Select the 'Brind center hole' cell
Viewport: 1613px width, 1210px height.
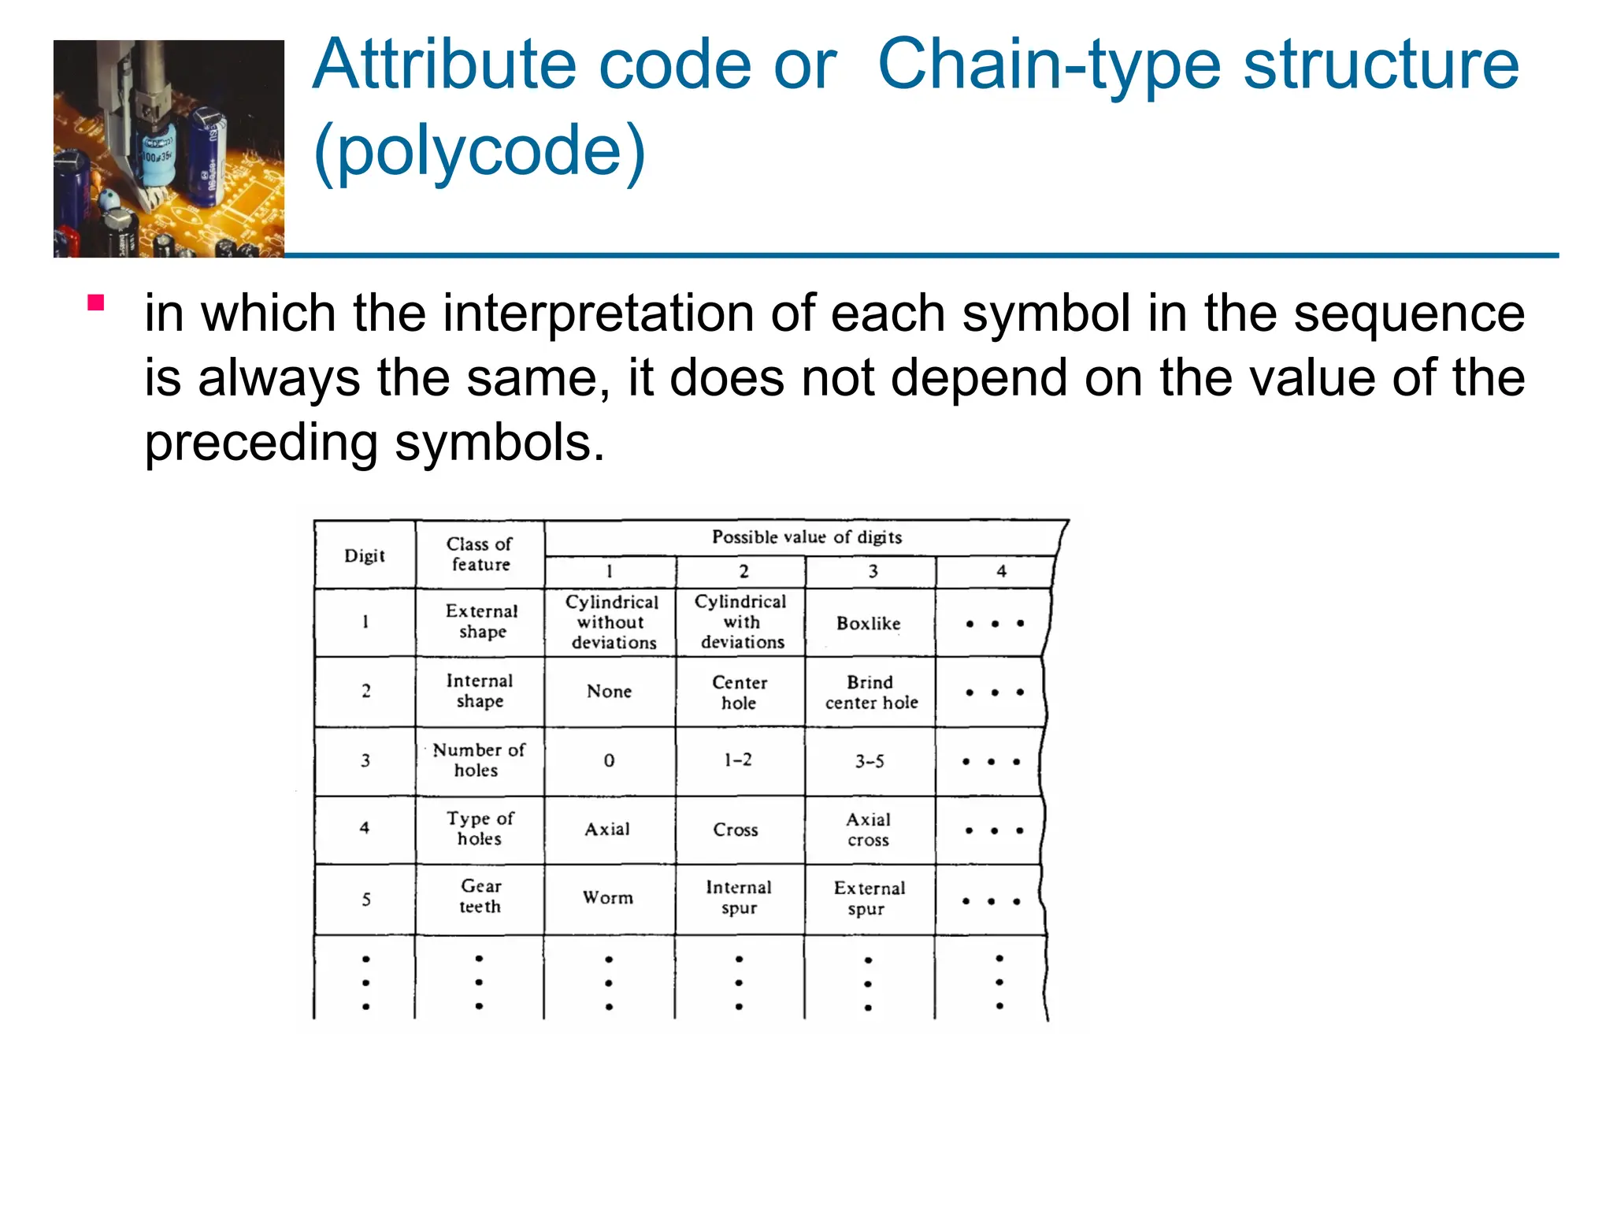(x=871, y=692)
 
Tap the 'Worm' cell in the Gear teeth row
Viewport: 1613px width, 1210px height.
(x=608, y=898)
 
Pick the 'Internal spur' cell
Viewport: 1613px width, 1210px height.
(x=739, y=898)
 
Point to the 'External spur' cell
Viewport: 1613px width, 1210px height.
(x=869, y=898)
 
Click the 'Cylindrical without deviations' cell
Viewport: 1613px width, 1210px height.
(x=612, y=622)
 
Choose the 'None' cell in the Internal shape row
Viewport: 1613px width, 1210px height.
(x=609, y=692)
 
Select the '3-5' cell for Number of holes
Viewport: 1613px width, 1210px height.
(x=870, y=761)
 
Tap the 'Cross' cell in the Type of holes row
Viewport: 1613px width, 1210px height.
(x=736, y=830)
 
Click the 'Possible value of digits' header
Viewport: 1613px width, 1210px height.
(x=806, y=537)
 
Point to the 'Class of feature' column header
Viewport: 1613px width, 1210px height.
(x=480, y=554)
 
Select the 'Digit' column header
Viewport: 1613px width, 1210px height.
(x=365, y=556)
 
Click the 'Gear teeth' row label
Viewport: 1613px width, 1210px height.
(x=480, y=896)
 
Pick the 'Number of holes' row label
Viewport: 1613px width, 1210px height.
(x=478, y=759)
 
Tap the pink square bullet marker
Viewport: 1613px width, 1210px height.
(x=96, y=303)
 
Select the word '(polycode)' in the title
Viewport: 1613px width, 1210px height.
(x=479, y=150)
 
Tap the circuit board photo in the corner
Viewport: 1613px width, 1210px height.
(x=169, y=149)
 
